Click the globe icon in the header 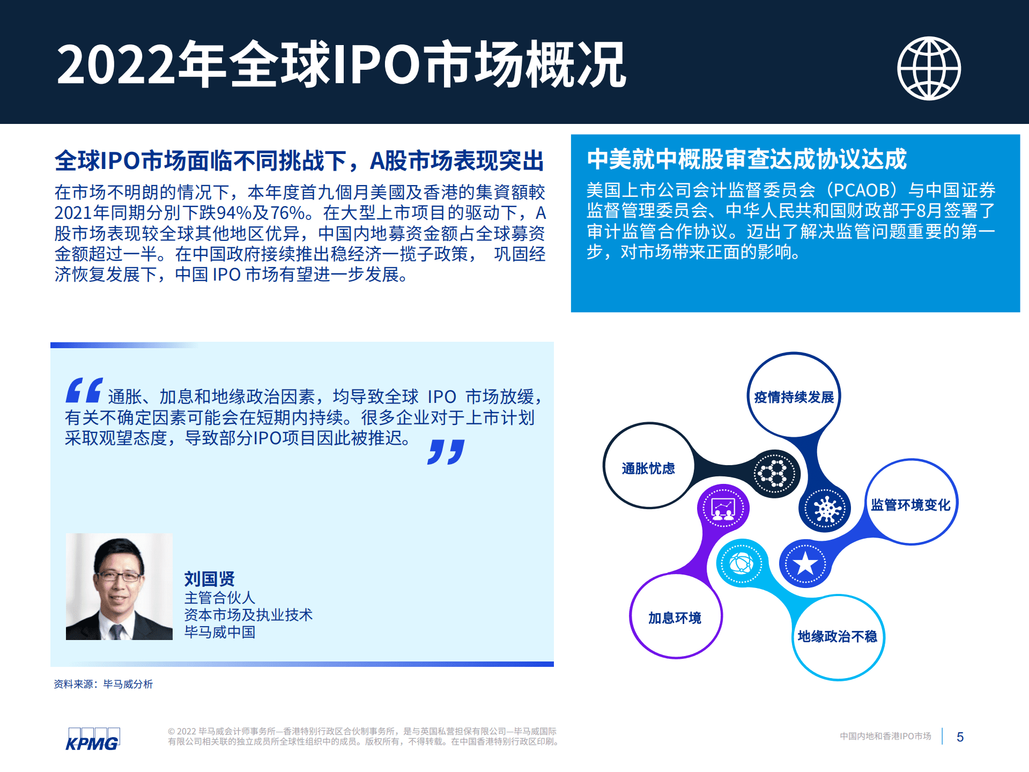point(929,68)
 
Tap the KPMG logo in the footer point(92,740)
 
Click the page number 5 point(960,737)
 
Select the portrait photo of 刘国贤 point(119,586)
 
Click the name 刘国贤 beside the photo point(210,578)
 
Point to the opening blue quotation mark point(84,390)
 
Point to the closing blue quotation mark point(446,452)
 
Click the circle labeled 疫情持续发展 point(794,396)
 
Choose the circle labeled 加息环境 point(675,617)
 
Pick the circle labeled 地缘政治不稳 point(837,636)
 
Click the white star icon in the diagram point(805,563)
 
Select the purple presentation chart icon point(723,508)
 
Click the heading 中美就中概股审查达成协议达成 point(746,159)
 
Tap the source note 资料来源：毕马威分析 point(103,684)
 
